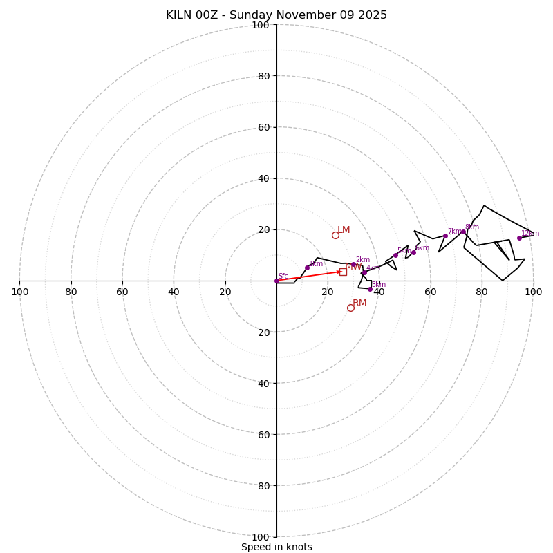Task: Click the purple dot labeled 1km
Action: (x=307, y=268)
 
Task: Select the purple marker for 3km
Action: (x=370, y=289)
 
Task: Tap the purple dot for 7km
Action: (x=445, y=236)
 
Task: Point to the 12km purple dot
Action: (x=519, y=238)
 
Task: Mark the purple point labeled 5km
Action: (x=395, y=255)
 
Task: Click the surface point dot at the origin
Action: (x=276, y=281)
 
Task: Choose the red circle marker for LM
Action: (x=335, y=235)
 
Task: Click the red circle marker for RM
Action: (x=350, y=308)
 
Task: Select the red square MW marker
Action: (x=343, y=272)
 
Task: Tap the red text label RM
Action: (x=359, y=303)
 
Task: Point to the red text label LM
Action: (x=344, y=230)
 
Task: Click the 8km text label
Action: (x=472, y=227)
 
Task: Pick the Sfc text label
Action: (x=283, y=276)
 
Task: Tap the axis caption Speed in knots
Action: (x=276, y=547)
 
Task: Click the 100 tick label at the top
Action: (x=261, y=26)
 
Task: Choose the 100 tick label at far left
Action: (x=19, y=292)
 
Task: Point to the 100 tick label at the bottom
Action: (x=261, y=537)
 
